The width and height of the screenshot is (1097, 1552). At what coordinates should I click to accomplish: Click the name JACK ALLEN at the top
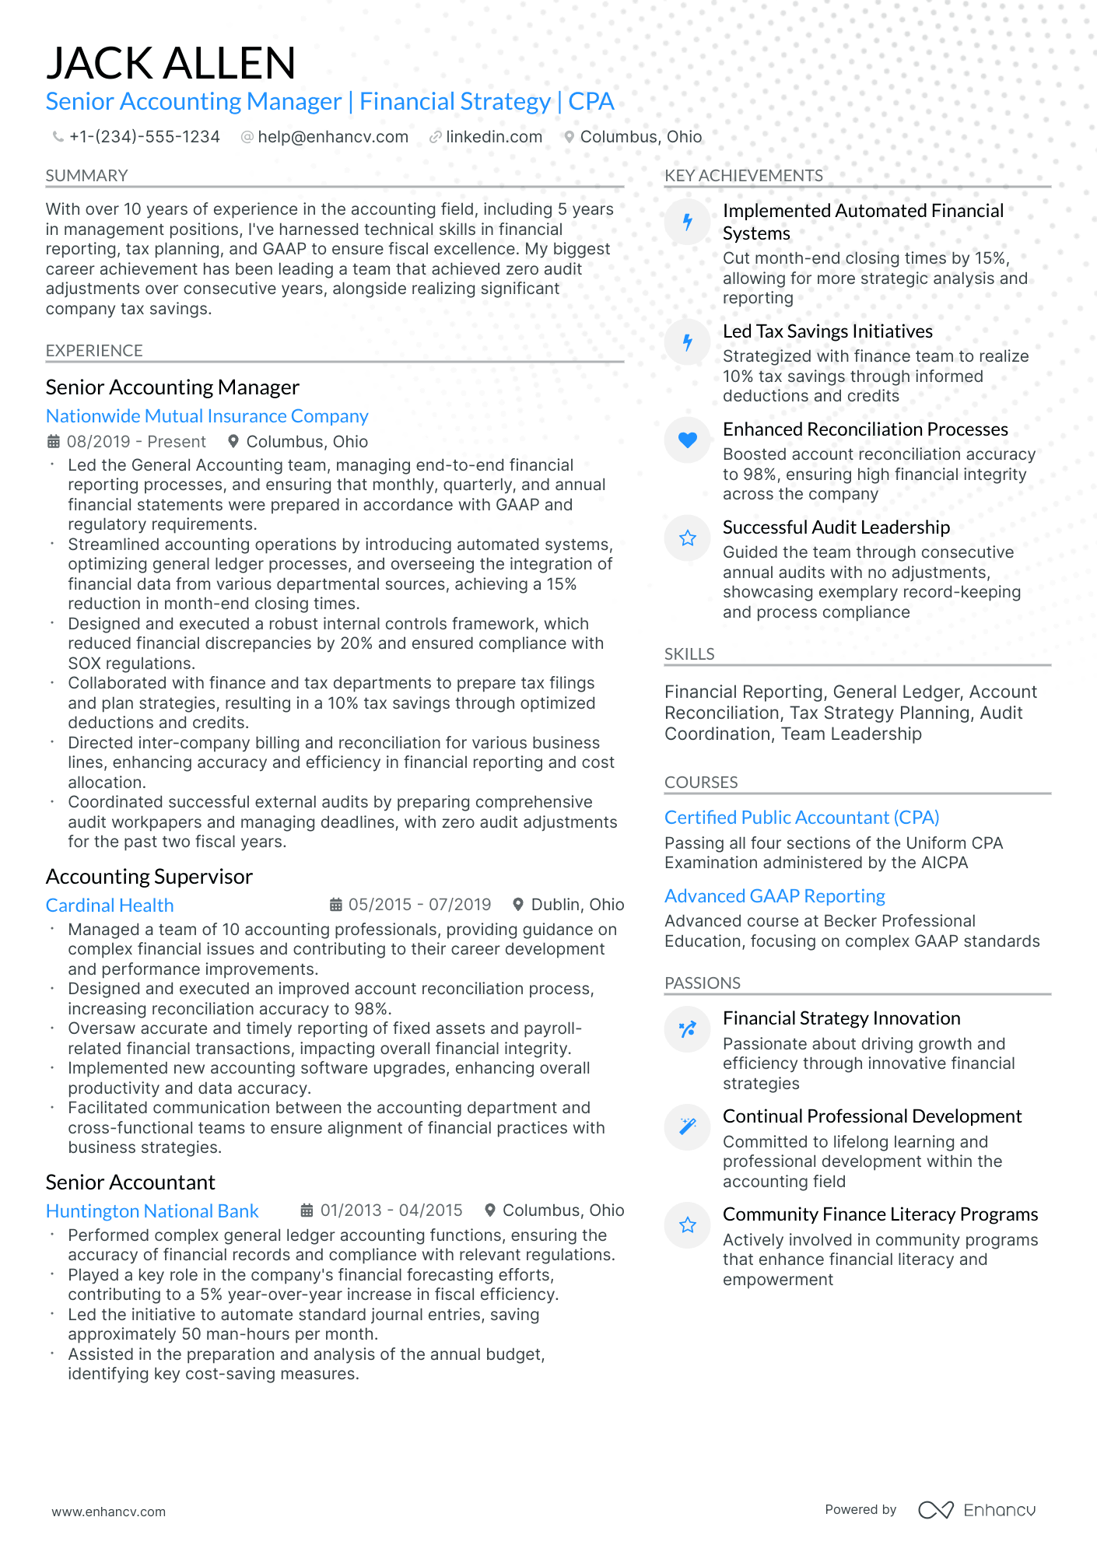pos(170,63)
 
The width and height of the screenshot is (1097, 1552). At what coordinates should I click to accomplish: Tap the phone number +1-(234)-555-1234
pos(144,137)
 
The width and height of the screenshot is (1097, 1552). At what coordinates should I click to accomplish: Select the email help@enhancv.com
pos(332,137)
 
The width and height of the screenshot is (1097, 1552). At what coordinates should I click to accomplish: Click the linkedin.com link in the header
pos(493,137)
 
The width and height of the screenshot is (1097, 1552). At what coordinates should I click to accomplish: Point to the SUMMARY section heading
pos(86,176)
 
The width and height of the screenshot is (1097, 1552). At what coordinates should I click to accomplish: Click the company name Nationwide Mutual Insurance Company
pos(207,416)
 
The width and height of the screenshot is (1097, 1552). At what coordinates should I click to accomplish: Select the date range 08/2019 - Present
pos(136,442)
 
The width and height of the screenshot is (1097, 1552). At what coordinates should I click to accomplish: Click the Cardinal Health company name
pos(110,906)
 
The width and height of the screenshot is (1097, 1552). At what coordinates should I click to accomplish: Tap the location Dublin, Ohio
pos(577,905)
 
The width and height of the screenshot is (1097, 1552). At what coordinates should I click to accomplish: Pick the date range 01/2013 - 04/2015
pos(391,1210)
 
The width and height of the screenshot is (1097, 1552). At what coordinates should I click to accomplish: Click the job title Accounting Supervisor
pos(149,877)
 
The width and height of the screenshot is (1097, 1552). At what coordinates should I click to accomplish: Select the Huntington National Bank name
pos(152,1211)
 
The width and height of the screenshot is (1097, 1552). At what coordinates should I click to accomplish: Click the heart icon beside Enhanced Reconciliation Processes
pos(688,440)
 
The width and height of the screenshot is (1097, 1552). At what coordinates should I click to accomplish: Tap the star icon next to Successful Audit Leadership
pos(688,538)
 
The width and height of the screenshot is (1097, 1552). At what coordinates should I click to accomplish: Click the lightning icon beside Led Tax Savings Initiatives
pos(688,342)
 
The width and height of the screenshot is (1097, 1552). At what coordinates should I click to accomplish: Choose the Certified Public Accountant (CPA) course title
pos(801,818)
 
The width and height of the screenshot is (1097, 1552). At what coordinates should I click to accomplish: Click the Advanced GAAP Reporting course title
pos(774,896)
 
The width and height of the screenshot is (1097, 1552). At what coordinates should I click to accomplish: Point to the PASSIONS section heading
pos(702,983)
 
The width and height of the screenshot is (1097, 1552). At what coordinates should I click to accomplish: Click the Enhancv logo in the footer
pos(976,1510)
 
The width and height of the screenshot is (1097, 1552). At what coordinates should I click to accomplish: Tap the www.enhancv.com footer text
pos(109,1512)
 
